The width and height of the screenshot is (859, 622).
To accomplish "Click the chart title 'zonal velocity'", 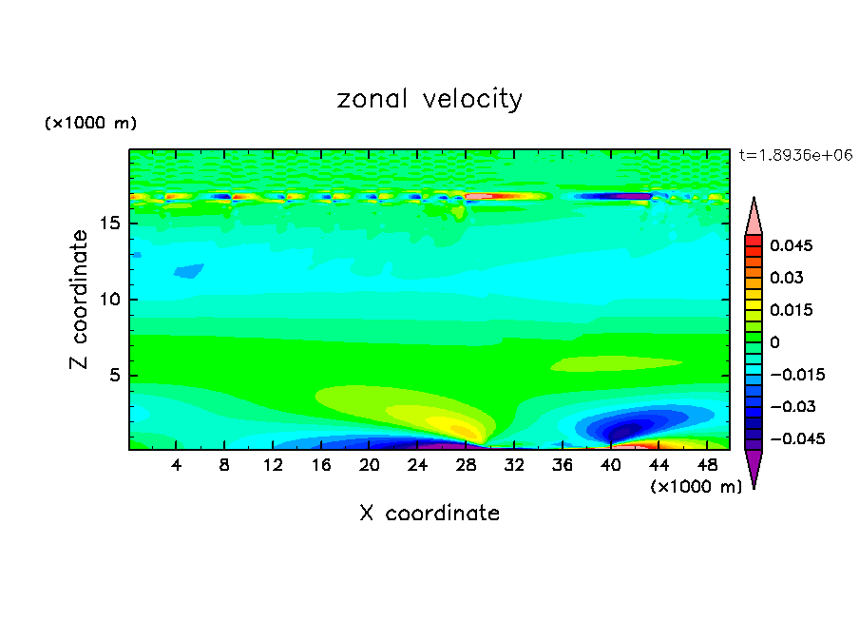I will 429,99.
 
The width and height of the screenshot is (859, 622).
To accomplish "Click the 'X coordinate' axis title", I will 429,514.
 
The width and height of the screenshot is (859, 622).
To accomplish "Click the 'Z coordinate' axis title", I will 80,299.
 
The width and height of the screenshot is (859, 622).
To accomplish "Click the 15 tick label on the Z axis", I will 110,224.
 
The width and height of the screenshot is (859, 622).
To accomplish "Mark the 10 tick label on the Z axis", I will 110,300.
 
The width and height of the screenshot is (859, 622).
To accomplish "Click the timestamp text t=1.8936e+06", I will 795,154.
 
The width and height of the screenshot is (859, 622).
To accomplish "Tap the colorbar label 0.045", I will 791,245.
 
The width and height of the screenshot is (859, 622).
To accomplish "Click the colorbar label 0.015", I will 791,310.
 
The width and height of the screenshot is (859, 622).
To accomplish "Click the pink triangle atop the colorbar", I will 754,218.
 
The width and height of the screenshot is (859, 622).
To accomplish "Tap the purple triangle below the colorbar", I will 754,467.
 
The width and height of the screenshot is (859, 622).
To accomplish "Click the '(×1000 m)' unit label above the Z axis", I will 91,124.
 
